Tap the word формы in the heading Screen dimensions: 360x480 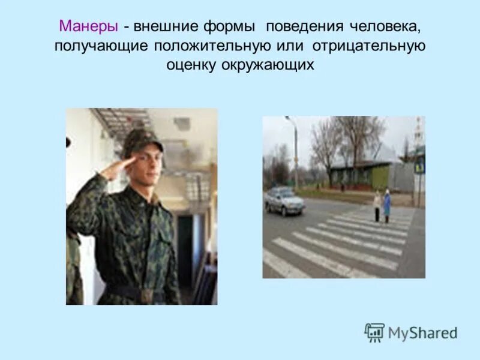click(232, 27)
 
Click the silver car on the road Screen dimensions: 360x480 click(284, 202)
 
